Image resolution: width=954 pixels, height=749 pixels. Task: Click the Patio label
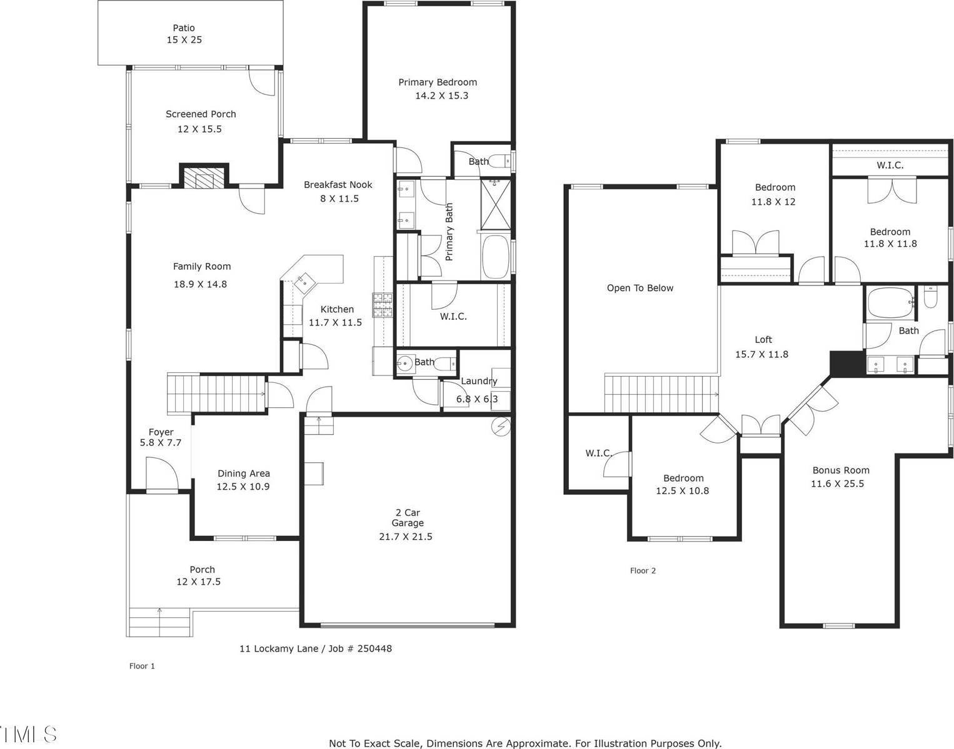pos(184,28)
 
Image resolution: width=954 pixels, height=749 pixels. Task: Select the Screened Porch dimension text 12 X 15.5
pos(199,129)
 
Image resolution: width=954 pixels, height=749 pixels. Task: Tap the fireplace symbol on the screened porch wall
pos(204,177)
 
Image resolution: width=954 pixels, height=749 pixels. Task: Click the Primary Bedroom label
pos(438,82)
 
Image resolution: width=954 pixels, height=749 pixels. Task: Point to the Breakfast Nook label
pos(338,185)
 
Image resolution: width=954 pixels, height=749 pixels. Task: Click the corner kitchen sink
pos(305,281)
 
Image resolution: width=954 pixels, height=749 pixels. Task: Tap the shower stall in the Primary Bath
pos(496,204)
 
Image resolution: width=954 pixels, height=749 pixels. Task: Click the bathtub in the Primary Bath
pos(496,257)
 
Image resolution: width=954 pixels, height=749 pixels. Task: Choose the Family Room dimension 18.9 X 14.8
pos(200,284)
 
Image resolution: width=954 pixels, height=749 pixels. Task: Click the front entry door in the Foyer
pos(161,475)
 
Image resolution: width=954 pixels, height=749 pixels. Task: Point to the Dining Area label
pos(243,474)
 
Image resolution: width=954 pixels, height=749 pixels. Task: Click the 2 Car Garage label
pos(408,518)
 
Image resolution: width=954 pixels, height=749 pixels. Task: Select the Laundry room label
pos(479,381)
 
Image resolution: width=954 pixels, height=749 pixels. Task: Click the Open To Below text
pos(640,288)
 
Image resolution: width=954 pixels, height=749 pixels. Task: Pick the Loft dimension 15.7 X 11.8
pos(761,354)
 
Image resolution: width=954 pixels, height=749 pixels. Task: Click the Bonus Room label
pos(840,470)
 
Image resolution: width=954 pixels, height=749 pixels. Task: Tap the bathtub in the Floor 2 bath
pos(890,303)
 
